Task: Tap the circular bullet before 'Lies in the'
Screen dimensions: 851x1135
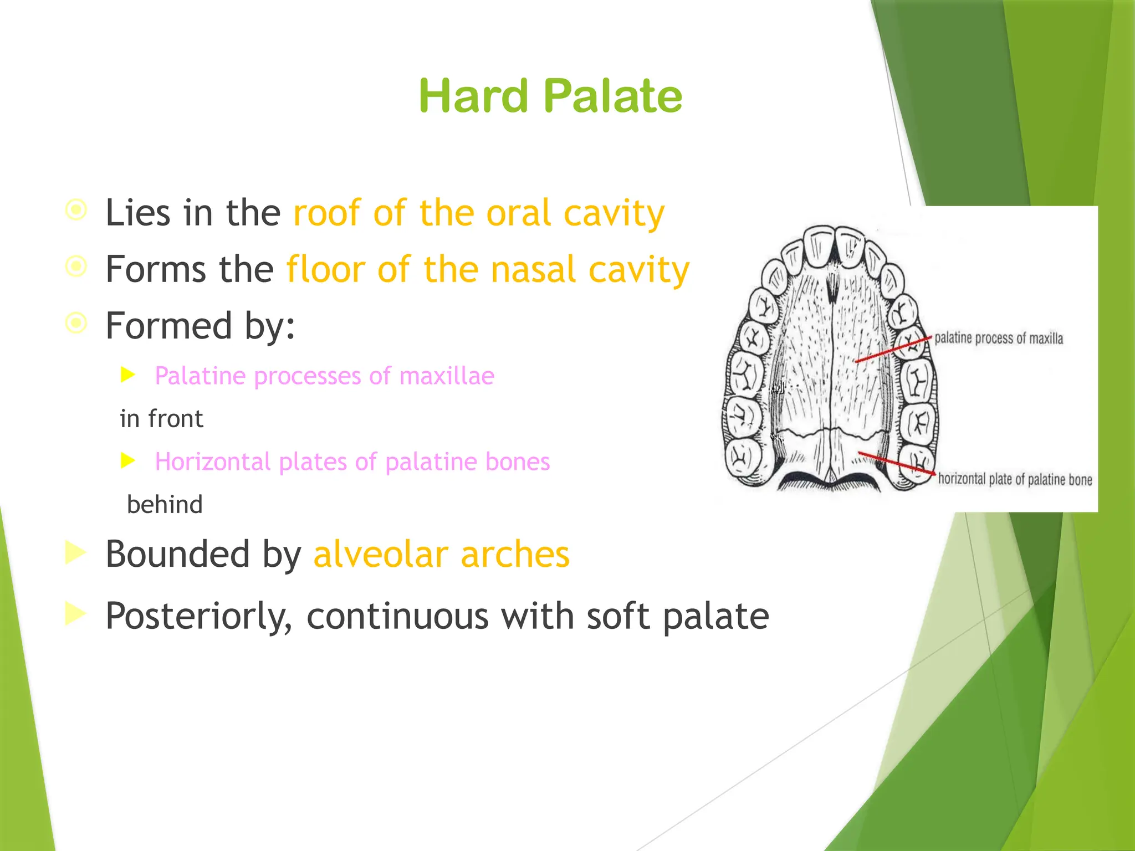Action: pos(76,210)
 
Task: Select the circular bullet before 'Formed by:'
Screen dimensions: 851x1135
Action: pos(76,323)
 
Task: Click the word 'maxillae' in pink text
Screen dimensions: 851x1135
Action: pos(447,376)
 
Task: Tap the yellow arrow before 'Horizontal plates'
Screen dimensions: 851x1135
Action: pos(128,460)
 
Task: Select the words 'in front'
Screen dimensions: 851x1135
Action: pos(161,419)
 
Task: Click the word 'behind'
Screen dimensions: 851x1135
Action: pos(165,505)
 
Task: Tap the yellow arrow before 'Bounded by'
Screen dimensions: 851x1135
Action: pos(76,552)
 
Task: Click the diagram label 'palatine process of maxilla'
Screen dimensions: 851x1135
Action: pos(999,339)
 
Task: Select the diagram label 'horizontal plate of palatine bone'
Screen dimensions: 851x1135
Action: pos(1015,479)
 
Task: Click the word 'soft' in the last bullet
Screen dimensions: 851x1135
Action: pos(618,616)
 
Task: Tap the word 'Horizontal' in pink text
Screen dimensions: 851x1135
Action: pos(213,462)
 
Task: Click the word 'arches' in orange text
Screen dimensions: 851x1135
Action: pos(515,554)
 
